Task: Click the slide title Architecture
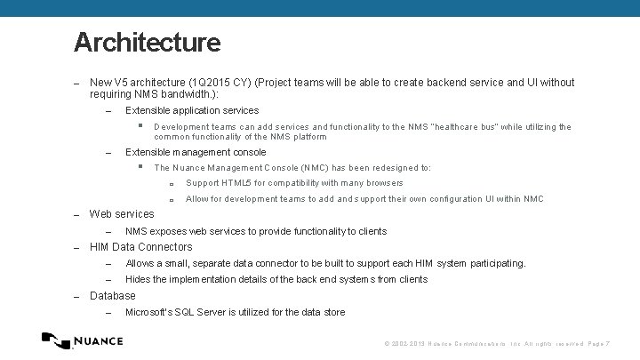pyautogui.click(x=147, y=42)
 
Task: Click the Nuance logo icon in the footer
pyautogui.click(x=57, y=340)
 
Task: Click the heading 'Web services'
pyautogui.click(x=122, y=214)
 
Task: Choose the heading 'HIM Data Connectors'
pyautogui.click(x=140, y=247)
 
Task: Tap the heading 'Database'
pyautogui.click(x=113, y=295)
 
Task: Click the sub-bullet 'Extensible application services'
pyautogui.click(x=192, y=111)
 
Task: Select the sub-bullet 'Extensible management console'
pyautogui.click(x=196, y=153)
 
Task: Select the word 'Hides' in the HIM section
pyautogui.click(x=140, y=279)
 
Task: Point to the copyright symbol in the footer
pyautogui.click(x=387, y=344)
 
